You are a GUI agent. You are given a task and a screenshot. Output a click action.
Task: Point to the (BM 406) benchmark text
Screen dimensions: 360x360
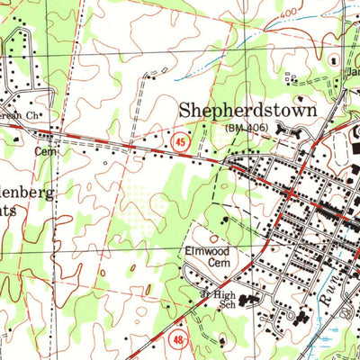pyautogui.click(x=247, y=130)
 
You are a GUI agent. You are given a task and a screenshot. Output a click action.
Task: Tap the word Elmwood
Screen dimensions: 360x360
pyautogui.click(x=208, y=251)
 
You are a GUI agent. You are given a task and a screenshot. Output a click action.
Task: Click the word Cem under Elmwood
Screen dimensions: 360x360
pyautogui.click(x=209, y=264)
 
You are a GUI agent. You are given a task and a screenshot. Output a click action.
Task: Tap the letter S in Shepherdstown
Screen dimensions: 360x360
pyautogui.click(x=185, y=111)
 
